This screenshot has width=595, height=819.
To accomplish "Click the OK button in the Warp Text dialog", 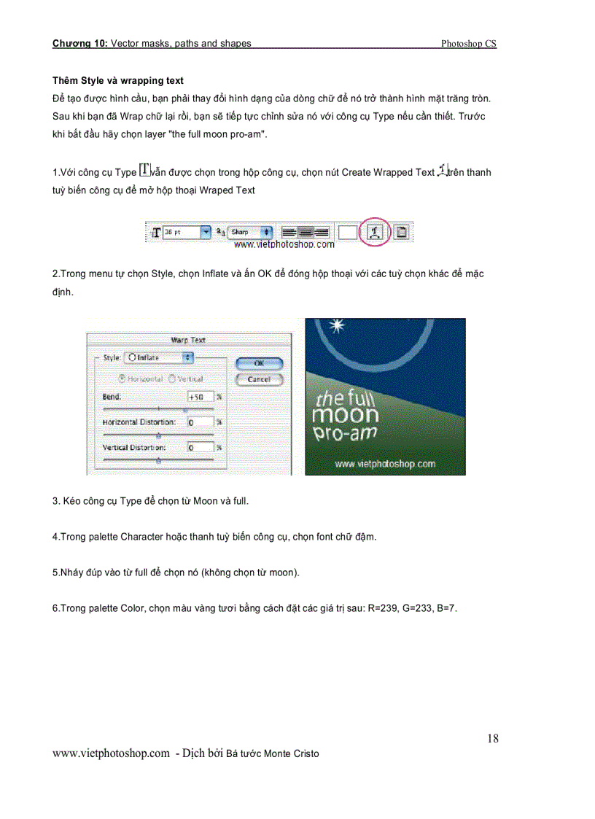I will coord(258,363).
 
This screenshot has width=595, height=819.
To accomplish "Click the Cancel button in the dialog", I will coord(258,379).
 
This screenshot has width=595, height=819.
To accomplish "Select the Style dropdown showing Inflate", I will coord(159,357).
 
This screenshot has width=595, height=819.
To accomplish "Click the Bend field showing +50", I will coord(201,397).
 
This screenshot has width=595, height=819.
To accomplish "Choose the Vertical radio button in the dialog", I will coord(173,379).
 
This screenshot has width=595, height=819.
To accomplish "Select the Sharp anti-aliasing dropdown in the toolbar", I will coord(249,232).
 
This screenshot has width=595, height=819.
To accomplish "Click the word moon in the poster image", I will coord(345,416).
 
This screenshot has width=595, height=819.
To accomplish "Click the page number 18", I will coord(493,739).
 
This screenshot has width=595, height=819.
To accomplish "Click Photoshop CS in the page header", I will coord(469,44).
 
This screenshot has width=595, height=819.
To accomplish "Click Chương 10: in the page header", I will coord(79,44).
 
